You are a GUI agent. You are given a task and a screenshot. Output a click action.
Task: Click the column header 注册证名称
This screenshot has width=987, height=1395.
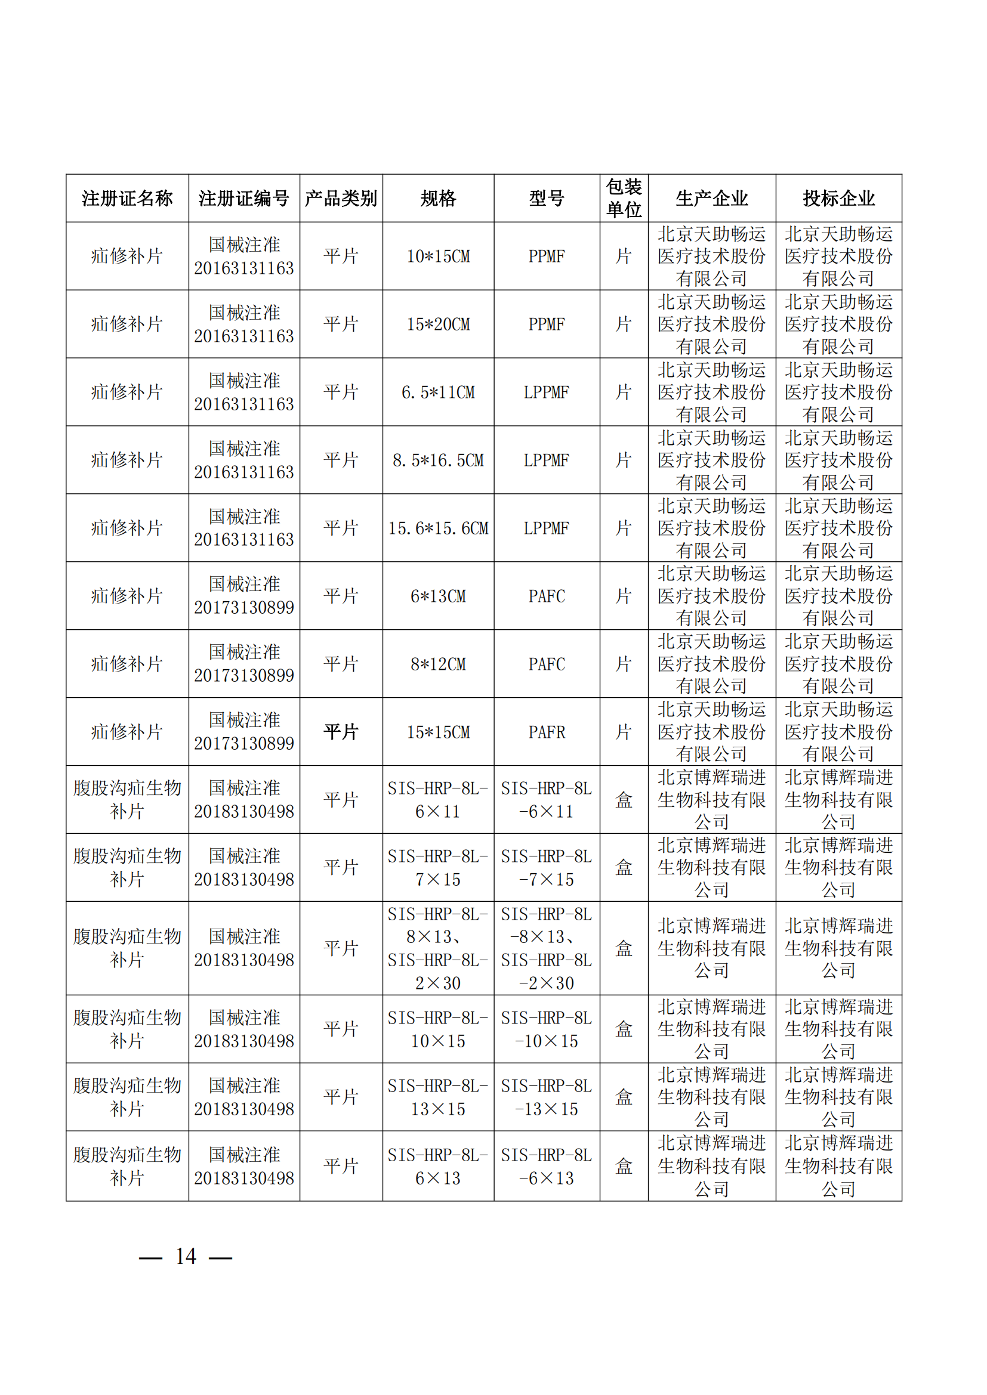click(x=127, y=198)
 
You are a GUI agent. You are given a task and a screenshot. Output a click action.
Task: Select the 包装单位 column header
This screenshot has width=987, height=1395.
click(x=624, y=198)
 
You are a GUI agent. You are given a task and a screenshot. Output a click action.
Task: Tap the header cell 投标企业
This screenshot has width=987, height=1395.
click(x=838, y=198)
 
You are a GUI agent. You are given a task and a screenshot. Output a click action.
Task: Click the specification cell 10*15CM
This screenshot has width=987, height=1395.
click(x=437, y=256)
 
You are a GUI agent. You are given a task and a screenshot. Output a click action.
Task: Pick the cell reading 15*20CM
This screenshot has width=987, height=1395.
click(x=437, y=324)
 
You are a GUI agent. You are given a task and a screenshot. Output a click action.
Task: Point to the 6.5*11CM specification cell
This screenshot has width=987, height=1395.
click(x=437, y=392)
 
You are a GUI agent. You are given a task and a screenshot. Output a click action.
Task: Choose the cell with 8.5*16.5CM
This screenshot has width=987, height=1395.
click(x=437, y=460)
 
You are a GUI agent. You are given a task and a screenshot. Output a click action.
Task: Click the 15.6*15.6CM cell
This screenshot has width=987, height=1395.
click(x=437, y=528)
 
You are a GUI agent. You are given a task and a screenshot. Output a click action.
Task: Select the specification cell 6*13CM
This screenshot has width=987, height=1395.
click(x=437, y=596)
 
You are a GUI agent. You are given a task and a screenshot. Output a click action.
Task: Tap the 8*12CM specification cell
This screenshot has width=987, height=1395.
click(x=437, y=664)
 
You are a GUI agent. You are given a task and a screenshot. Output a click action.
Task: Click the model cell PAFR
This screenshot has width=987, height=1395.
click(x=547, y=732)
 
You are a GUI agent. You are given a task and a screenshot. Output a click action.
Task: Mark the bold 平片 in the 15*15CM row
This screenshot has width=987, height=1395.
click(x=341, y=732)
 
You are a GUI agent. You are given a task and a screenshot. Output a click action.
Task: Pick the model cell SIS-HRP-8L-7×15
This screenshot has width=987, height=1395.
click(x=547, y=868)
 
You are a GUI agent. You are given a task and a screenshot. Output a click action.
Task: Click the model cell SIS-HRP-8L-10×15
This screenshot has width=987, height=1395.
click(x=547, y=1029)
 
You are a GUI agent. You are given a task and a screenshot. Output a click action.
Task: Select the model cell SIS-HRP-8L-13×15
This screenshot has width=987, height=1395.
click(x=547, y=1097)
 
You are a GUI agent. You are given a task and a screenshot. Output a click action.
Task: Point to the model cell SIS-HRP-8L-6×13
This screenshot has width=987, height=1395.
click(x=547, y=1167)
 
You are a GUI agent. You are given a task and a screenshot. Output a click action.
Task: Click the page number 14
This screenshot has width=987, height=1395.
click(x=186, y=1257)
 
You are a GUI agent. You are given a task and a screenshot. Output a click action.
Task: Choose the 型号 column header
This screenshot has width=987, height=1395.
click(x=547, y=198)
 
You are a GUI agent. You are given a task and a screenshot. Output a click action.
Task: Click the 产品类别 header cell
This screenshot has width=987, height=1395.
click(x=341, y=198)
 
